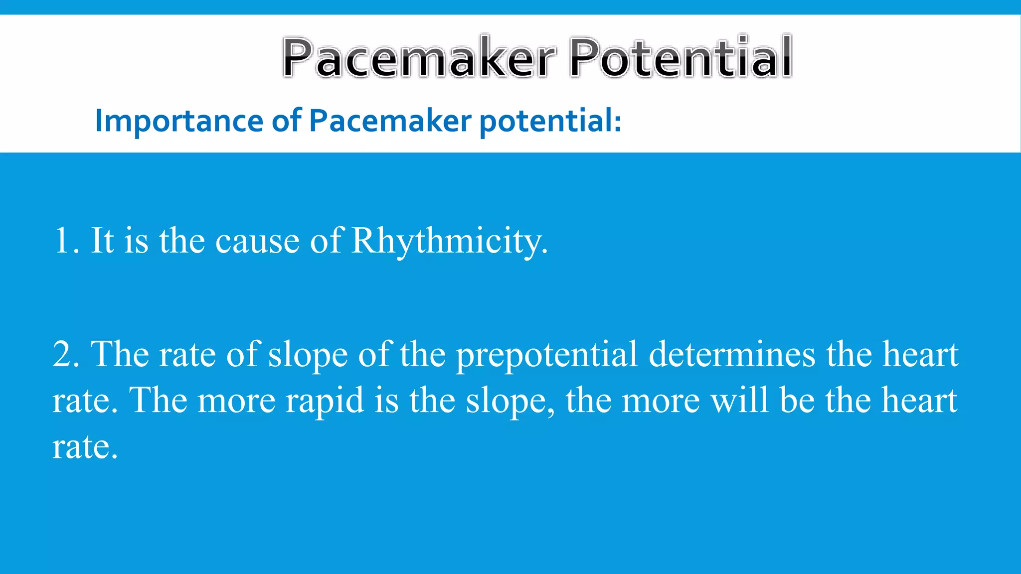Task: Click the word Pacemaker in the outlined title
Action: coord(419,58)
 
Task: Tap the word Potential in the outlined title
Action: coord(681,58)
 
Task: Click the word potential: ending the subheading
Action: coord(550,121)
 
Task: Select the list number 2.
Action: coord(64,355)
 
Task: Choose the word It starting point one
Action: coord(102,241)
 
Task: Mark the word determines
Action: coord(732,355)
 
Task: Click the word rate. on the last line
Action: coord(85,447)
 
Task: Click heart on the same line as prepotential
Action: coord(920,355)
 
